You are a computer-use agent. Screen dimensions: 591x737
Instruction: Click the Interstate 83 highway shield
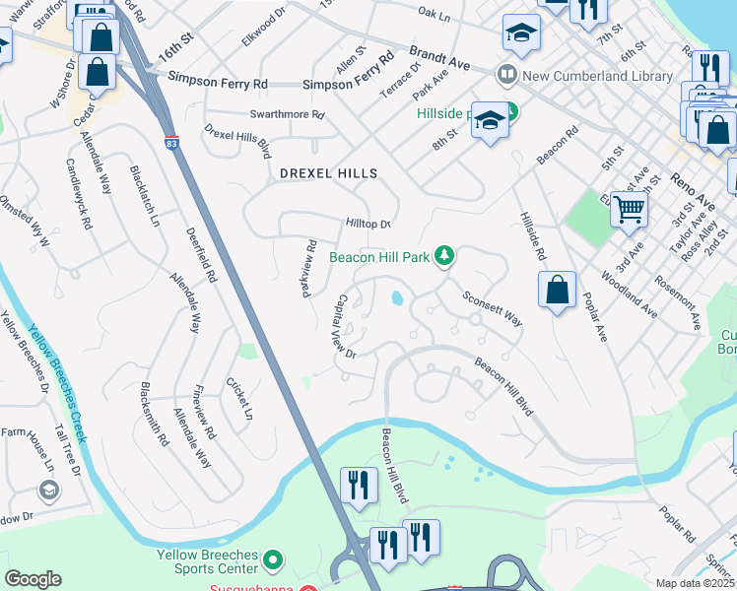pos(171,144)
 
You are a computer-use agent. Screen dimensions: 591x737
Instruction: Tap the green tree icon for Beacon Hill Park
pos(445,256)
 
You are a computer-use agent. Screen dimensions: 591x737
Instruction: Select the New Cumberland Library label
pos(574,74)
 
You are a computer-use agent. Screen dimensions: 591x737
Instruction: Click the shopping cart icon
pos(628,209)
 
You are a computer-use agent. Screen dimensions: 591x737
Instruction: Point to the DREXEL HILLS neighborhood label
pos(328,173)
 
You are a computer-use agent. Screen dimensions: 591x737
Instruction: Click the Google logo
pos(33,578)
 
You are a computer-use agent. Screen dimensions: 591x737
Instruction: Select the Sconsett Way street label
pos(492,307)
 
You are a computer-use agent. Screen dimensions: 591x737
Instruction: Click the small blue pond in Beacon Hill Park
pos(396,296)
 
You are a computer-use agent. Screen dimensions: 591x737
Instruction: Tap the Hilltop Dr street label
pos(368,224)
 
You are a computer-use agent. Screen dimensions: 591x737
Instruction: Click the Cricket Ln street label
pos(239,399)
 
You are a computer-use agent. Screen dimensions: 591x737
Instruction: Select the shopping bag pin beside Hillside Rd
pos(557,291)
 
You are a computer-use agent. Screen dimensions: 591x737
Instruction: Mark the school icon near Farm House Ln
pos(47,489)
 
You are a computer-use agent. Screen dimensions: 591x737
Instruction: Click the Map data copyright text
pos(694,583)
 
